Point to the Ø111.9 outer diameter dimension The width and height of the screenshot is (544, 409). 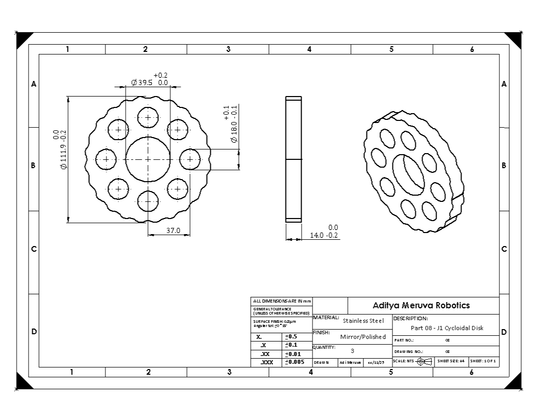(60, 151)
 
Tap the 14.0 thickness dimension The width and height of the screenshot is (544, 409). (324, 235)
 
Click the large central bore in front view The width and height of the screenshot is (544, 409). (148, 159)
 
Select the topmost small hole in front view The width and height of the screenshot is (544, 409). (148, 117)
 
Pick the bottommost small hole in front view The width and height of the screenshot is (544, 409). (148, 201)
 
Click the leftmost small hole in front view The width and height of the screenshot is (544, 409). (106, 159)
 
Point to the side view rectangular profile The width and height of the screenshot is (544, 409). (293, 159)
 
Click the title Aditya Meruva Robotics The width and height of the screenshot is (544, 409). (421, 305)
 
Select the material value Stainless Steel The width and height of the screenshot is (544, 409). (363, 321)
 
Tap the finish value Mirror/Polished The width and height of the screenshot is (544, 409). (363, 337)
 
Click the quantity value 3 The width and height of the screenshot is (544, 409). (352, 351)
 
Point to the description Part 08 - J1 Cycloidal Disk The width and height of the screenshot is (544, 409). (446, 328)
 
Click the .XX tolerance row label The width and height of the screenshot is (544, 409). (266, 353)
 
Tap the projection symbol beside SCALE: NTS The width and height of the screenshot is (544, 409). (424, 361)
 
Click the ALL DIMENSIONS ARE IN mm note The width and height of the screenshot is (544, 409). (281, 301)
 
